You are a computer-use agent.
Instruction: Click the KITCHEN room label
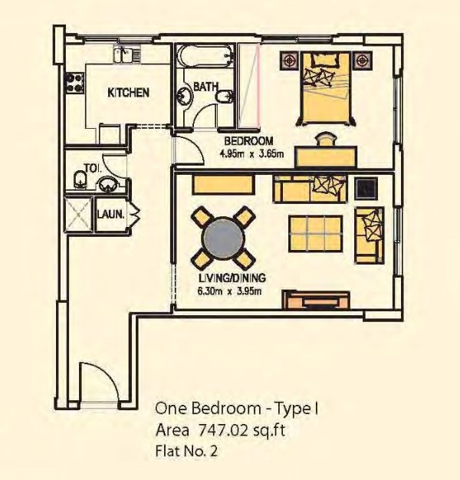[129, 93]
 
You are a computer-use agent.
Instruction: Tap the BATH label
[206, 87]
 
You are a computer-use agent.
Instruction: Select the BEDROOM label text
[248, 141]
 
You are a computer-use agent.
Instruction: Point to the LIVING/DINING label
[232, 278]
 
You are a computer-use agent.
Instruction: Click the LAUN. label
[111, 214]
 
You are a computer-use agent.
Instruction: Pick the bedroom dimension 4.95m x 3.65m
[251, 153]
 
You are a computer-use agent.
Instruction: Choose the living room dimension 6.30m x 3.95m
[229, 291]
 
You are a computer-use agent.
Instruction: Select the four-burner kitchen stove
[74, 82]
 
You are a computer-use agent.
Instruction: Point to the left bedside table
[289, 61]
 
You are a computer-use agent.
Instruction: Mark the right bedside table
[362, 60]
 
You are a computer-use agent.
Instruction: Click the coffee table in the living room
[316, 234]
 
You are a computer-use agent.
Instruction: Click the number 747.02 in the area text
[222, 430]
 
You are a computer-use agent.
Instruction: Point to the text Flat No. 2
[187, 451]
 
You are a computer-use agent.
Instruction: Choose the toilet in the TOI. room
[80, 179]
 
